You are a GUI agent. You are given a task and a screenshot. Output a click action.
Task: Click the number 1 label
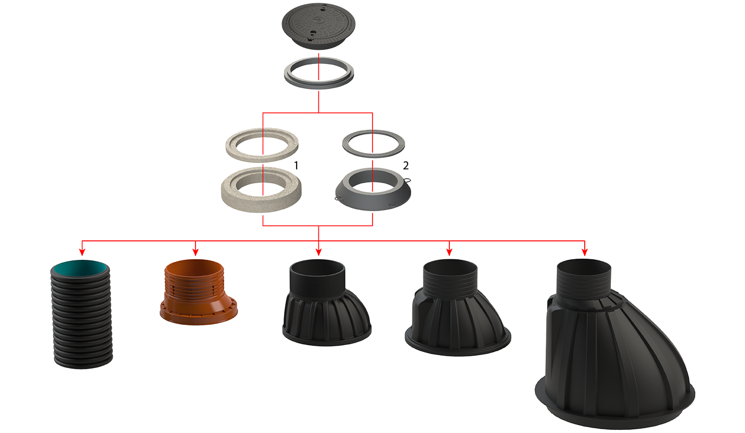[x=296, y=165]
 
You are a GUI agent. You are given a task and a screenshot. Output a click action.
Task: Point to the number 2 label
[x=406, y=165]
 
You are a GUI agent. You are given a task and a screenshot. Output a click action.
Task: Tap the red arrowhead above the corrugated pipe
[x=82, y=252]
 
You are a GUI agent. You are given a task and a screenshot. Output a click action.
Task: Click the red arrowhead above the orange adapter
[x=195, y=252]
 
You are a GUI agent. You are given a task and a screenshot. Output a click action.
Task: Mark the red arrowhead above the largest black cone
[x=585, y=252]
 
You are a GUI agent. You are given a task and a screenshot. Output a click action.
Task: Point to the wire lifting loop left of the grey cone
[x=338, y=199]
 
